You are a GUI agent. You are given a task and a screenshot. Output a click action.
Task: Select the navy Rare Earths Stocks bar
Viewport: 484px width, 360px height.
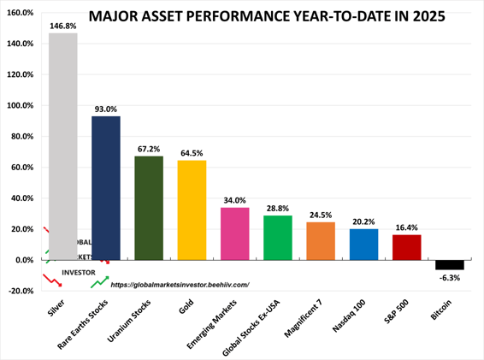(x=106, y=188)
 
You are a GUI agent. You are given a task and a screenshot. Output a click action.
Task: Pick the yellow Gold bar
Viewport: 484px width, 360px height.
(x=192, y=210)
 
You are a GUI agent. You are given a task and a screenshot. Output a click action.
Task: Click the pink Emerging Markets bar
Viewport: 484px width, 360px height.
(x=234, y=233)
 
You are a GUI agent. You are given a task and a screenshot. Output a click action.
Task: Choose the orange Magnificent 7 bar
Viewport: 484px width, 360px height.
(x=321, y=240)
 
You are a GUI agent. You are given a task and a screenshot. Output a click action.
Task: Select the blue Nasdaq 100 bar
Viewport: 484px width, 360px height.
(x=363, y=244)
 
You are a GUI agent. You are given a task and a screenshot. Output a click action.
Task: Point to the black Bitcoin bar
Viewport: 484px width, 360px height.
(x=449, y=264)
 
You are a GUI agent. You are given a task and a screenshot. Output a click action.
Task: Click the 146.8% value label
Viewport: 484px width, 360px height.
(x=63, y=27)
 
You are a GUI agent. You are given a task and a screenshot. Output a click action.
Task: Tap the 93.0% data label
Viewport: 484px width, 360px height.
(x=106, y=109)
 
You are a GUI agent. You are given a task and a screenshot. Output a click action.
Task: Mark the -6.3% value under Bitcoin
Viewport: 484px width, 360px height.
(x=449, y=278)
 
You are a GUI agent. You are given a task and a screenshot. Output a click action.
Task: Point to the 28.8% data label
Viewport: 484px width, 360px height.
(x=277, y=209)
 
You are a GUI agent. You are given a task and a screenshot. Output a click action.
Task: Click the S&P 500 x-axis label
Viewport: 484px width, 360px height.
(x=402, y=316)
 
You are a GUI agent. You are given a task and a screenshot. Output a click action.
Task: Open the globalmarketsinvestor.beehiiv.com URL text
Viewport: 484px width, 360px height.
(x=180, y=285)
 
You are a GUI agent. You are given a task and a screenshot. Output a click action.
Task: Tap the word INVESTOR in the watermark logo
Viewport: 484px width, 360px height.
(x=79, y=273)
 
